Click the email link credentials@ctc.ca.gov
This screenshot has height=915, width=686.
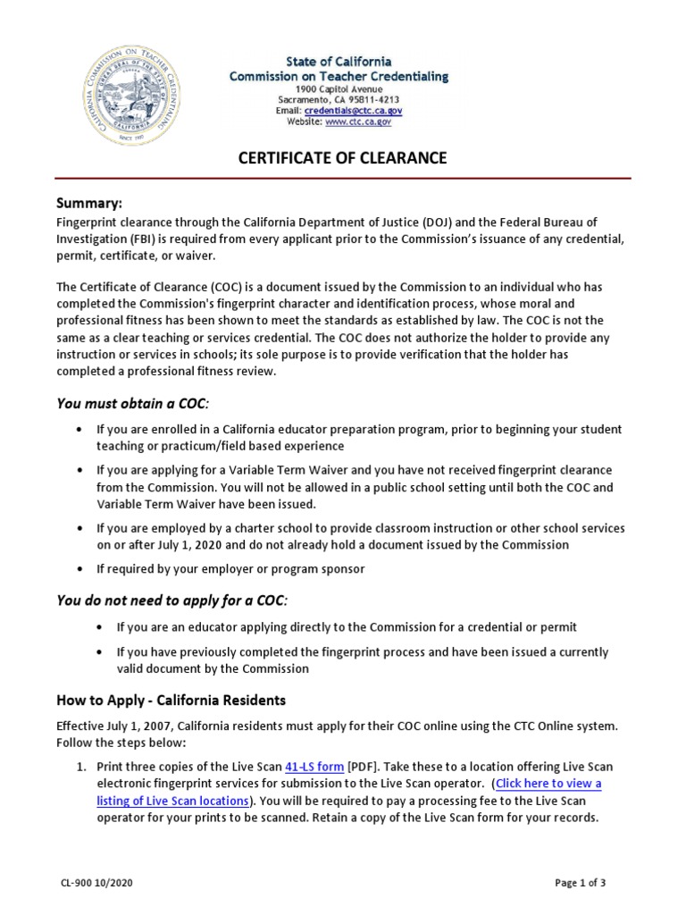353,111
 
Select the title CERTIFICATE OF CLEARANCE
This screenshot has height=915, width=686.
341,159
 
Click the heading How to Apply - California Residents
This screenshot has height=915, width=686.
171,700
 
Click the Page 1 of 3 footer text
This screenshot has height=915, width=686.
581,884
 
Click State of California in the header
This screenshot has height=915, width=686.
339,62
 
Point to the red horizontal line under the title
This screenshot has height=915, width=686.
343,179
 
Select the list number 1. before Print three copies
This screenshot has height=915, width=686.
79,768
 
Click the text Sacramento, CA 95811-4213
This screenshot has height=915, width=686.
339,100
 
